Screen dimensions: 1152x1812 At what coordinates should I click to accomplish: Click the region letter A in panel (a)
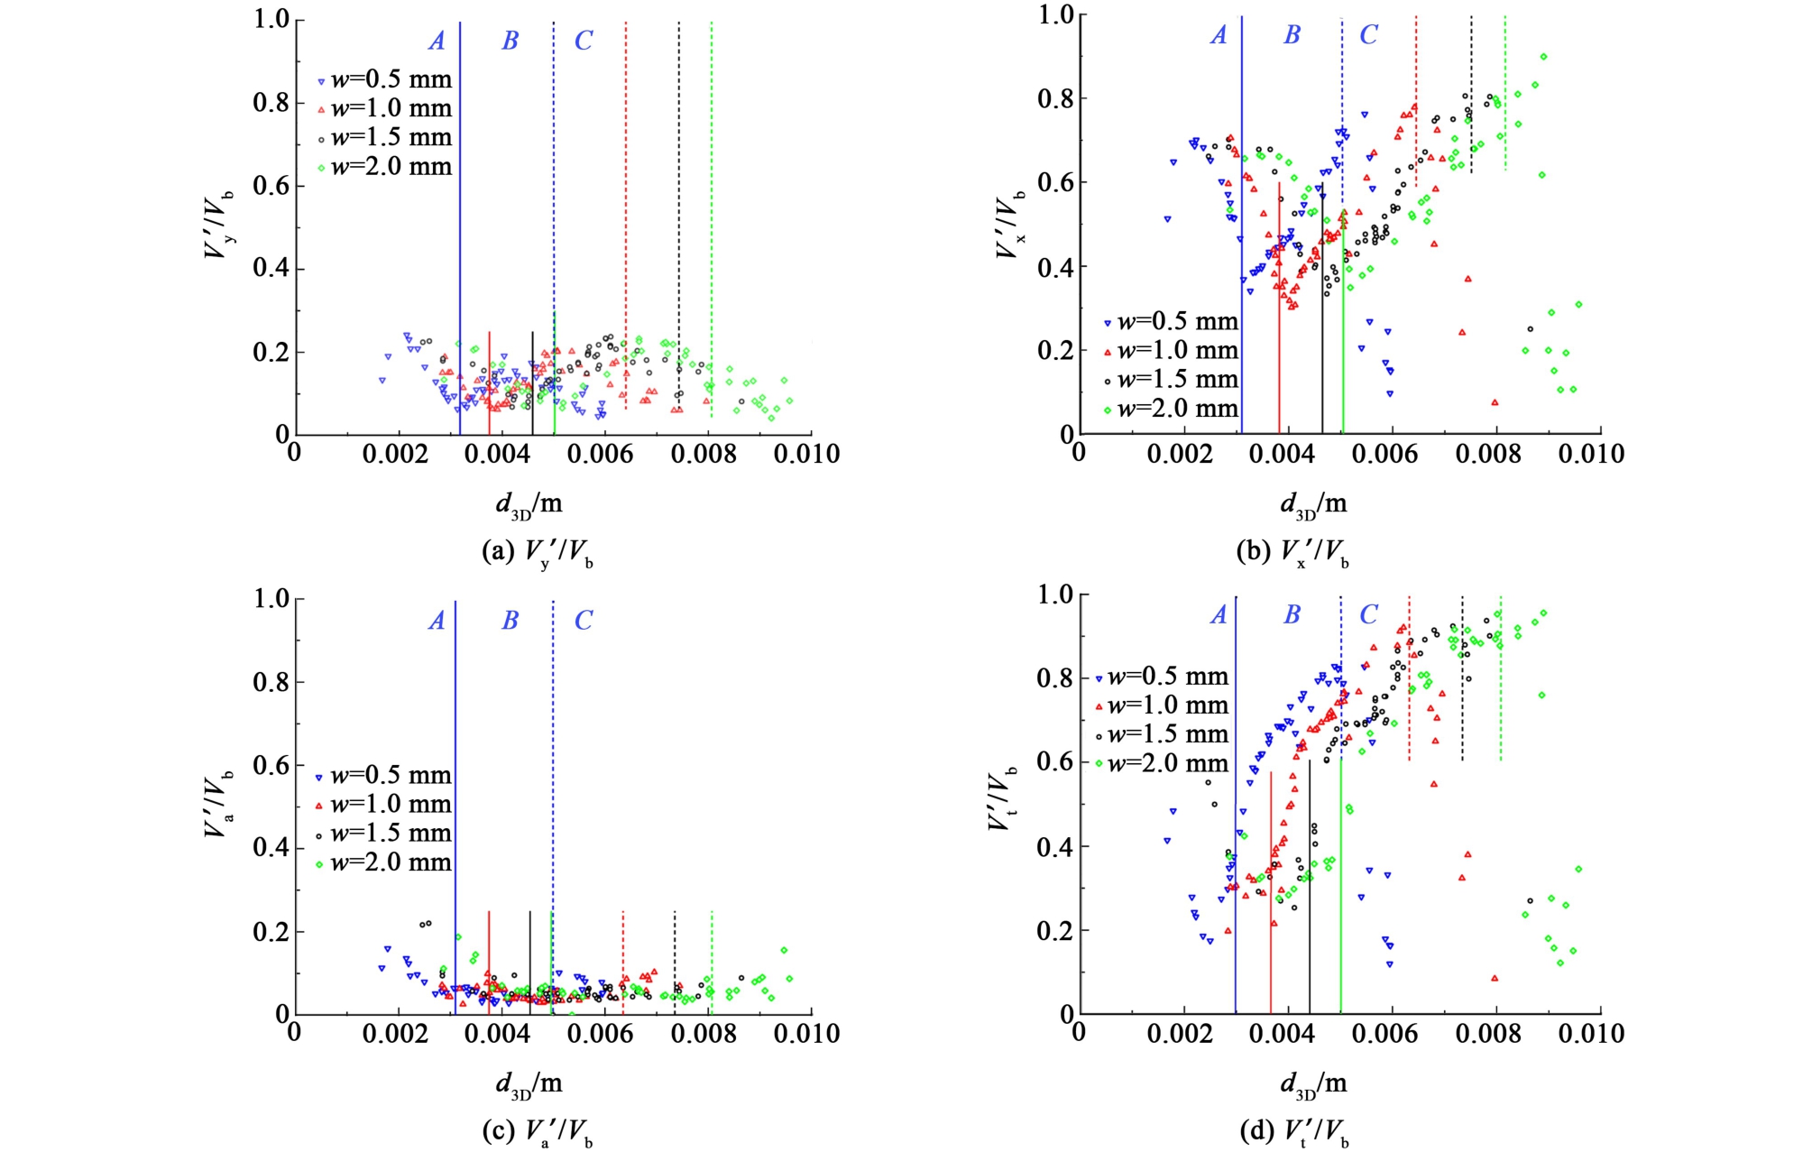[x=437, y=41]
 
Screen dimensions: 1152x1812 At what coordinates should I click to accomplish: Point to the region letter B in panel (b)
[x=1292, y=35]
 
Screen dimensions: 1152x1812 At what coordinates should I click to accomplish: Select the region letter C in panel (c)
[x=584, y=621]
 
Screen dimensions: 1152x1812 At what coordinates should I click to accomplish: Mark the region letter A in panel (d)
[x=1219, y=615]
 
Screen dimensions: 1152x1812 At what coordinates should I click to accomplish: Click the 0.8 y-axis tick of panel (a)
[x=271, y=103]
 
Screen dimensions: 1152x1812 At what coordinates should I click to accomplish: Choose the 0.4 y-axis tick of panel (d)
[x=1056, y=847]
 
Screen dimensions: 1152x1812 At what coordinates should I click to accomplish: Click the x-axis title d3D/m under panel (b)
[x=1313, y=504]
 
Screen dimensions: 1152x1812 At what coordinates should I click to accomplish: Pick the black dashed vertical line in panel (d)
[x=1462, y=677]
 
